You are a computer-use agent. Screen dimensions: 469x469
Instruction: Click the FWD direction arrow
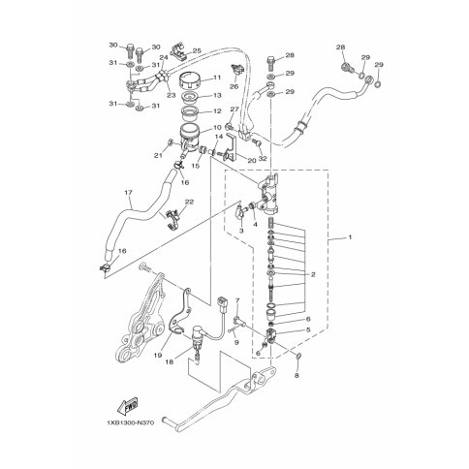[127, 407]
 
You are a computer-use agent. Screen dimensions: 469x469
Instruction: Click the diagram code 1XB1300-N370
[130, 422]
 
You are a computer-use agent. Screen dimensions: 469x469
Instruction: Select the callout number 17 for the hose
[128, 193]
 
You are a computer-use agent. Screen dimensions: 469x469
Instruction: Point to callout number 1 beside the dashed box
[350, 237]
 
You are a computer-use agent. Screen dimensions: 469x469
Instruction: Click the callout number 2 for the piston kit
[313, 275]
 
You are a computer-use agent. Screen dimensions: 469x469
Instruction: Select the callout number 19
[158, 356]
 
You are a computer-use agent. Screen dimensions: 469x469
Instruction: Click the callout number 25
[197, 50]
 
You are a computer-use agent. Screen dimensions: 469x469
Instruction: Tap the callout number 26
[234, 86]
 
